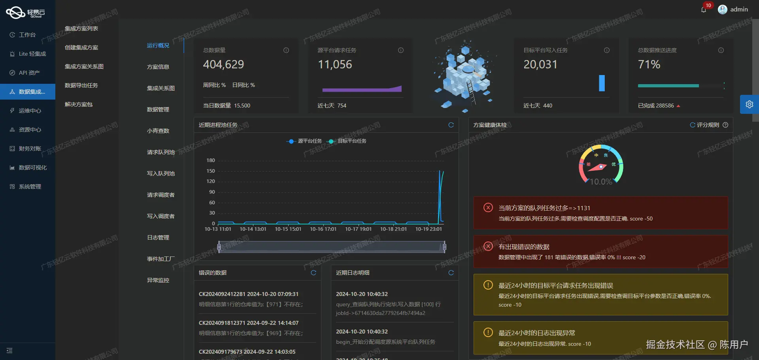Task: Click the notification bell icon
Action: click(704, 10)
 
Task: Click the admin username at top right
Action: click(739, 9)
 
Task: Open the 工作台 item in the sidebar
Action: click(27, 35)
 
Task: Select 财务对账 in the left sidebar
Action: click(30, 149)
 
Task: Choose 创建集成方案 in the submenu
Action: click(81, 47)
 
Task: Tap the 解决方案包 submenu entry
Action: click(79, 104)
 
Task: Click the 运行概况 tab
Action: click(158, 45)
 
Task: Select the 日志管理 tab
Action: click(158, 237)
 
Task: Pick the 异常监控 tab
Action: click(158, 280)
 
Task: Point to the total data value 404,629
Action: click(223, 64)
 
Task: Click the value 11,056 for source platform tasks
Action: click(335, 64)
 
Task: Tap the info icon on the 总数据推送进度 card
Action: click(721, 50)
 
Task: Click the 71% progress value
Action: click(649, 64)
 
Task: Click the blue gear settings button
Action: click(749, 104)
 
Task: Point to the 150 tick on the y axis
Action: click(211, 171)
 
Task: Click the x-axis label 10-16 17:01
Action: click(323, 229)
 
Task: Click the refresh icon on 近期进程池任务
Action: click(451, 125)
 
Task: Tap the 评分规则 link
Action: click(708, 125)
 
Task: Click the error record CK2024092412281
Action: click(222, 294)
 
